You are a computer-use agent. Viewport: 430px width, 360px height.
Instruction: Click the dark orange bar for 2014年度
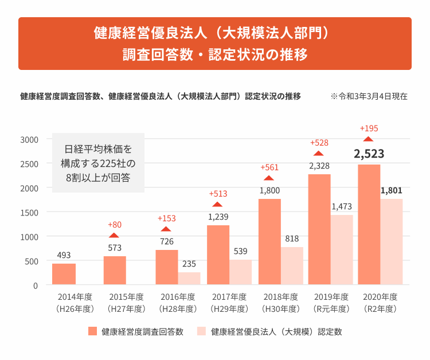tap(64, 274)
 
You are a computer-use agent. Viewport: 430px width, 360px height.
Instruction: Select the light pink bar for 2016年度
tap(189, 279)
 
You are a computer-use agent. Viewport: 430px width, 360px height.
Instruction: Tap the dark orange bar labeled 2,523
tap(369, 224)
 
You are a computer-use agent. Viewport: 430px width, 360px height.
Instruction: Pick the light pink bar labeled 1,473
tap(342, 249)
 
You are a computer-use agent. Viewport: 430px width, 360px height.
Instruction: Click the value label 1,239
tap(217, 217)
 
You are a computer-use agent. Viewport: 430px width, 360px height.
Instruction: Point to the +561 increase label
tap(269, 167)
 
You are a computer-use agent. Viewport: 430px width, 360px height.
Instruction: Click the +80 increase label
tap(115, 224)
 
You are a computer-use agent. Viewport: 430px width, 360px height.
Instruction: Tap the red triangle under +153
tap(166, 229)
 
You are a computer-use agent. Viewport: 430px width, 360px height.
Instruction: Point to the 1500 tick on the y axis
tap(28, 212)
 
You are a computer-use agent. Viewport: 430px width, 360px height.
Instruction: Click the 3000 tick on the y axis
tap(28, 139)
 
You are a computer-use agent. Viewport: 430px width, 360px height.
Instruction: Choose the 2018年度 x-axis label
tap(280, 297)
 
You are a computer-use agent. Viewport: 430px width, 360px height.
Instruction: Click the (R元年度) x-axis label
tap(331, 308)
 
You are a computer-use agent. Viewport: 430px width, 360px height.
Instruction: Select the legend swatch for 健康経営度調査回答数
tap(93, 331)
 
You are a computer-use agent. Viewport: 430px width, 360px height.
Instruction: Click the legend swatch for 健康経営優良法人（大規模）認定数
tap(201, 331)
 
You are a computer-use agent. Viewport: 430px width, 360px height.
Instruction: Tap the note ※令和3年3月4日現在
tap(369, 96)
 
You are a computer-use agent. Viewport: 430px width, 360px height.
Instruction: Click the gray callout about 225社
tap(97, 163)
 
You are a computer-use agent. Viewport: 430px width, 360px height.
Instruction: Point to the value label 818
tap(292, 238)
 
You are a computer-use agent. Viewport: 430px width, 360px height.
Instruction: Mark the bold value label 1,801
tap(391, 190)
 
